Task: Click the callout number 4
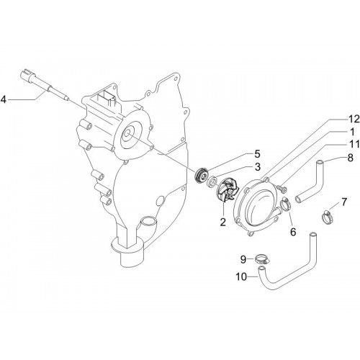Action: click(x=4, y=99)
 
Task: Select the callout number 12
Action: click(x=354, y=119)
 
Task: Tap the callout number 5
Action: click(x=257, y=154)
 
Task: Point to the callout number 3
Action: click(x=258, y=167)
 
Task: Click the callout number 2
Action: click(x=223, y=222)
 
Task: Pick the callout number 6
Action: click(x=293, y=232)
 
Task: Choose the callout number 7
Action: click(x=344, y=202)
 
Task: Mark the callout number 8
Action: click(x=351, y=158)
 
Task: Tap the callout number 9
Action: click(x=243, y=259)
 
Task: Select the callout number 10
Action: click(x=241, y=276)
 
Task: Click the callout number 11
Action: click(x=354, y=145)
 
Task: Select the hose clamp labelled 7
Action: click(x=328, y=216)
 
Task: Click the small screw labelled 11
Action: click(x=282, y=188)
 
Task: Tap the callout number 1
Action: click(x=352, y=132)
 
